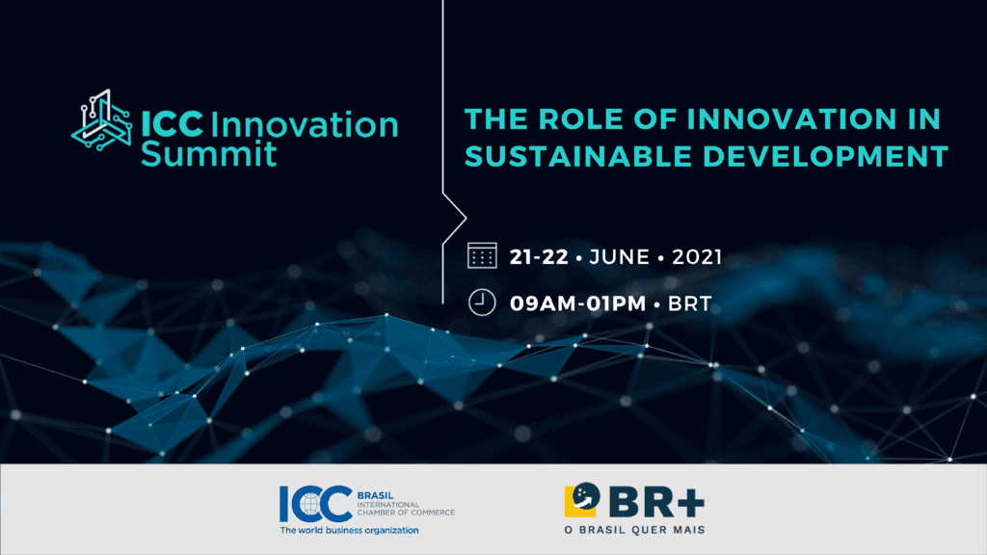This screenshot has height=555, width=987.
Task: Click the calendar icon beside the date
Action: [x=482, y=255]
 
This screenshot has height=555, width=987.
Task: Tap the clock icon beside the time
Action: [x=482, y=302]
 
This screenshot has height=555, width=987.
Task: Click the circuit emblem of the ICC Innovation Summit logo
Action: [x=102, y=119]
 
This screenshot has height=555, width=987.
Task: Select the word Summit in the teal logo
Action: [x=208, y=153]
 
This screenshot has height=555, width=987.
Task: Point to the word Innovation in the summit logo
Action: [x=305, y=124]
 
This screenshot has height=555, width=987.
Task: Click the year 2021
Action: [x=697, y=256]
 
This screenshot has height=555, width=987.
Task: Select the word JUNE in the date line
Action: [x=620, y=256]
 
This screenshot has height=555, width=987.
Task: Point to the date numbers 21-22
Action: [x=539, y=256]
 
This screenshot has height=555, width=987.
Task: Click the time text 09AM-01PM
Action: [x=578, y=304]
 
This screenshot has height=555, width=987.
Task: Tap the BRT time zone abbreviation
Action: [x=690, y=304]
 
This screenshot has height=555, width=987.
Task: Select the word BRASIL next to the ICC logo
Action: [x=375, y=495]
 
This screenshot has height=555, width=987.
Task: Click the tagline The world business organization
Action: [x=349, y=531]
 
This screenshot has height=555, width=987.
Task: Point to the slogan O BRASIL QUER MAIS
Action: [x=634, y=530]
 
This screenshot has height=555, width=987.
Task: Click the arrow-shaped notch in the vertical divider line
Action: [x=455, y=219]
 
